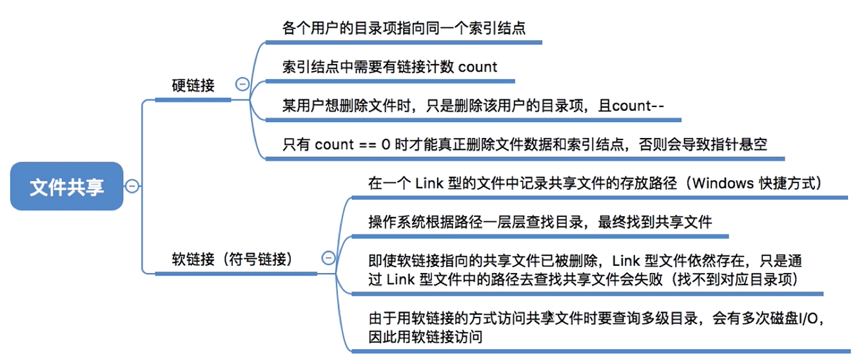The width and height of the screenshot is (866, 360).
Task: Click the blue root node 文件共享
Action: coord(66,186)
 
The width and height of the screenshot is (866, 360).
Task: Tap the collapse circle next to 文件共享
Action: coord(132,186)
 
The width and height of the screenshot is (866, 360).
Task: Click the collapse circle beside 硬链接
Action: coord(242,84)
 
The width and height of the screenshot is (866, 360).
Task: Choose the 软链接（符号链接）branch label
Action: coord(232,259)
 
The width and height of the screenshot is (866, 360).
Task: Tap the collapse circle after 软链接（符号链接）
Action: coord(328,258)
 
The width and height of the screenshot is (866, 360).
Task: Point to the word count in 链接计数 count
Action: coord(477,67)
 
